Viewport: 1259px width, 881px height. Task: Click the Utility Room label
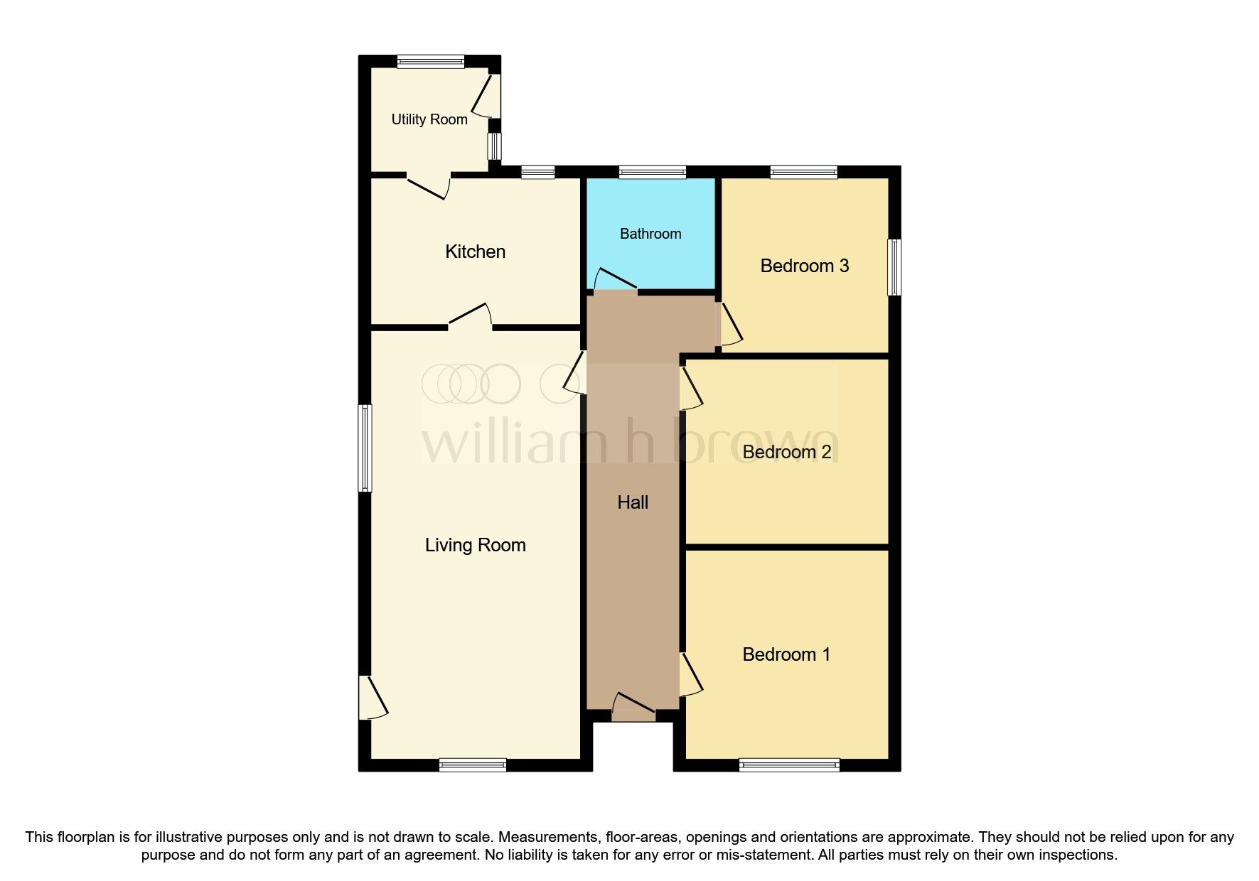(429, 119)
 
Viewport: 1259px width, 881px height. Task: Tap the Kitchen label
(475, 252)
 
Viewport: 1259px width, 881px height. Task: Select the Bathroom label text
(650, 234)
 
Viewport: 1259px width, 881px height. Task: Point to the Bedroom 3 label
(804, 266)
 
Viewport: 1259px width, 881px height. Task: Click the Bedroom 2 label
(786, 452)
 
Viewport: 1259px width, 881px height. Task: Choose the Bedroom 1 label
(786, 654)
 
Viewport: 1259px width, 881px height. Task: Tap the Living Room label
(475, 545)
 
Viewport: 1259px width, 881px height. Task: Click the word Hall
(633, 502)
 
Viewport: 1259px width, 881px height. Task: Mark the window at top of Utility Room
(430, 62)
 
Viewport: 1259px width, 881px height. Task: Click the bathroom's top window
(652, 172)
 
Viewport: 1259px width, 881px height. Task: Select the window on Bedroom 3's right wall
(895, 267)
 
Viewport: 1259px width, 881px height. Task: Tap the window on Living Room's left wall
(364, 448)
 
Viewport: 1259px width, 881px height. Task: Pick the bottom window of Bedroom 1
(789, 765)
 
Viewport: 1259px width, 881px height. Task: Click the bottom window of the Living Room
(473, 765)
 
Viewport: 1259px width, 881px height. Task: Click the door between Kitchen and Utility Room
(429, 184)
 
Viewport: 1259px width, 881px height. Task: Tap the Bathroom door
(615, 281)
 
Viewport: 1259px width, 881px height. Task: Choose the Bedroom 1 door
(690, 675)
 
